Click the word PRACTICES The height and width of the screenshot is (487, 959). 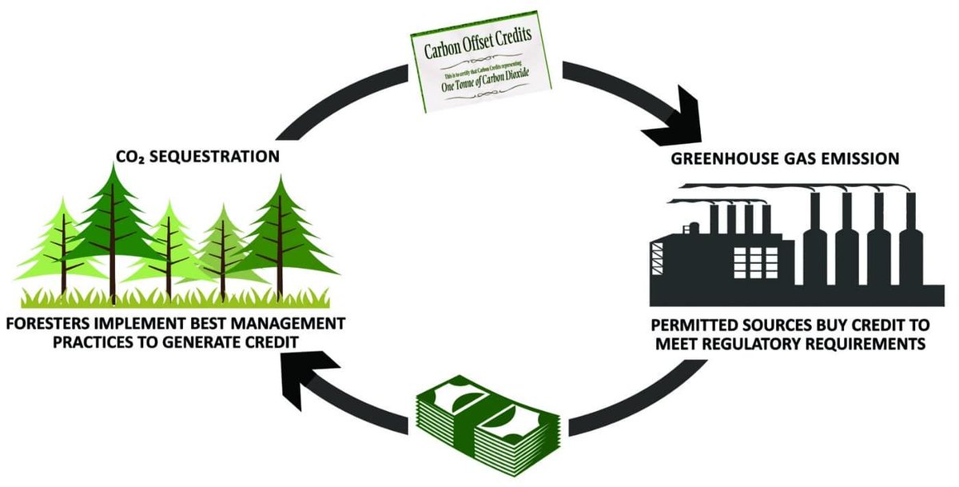(x=96, y=341)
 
